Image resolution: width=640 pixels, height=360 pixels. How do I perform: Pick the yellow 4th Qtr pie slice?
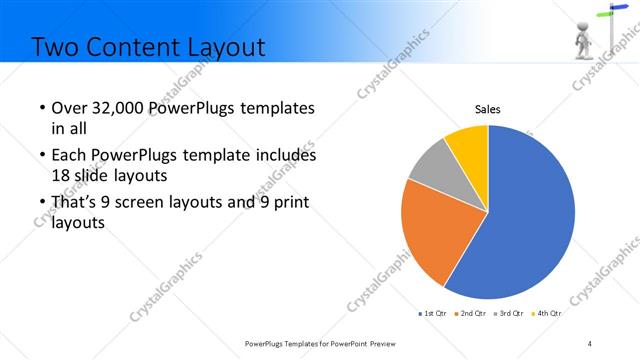(468, 145)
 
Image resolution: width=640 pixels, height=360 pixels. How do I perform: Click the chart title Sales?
(487, 109)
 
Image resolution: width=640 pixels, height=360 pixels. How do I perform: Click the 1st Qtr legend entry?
(432, 313)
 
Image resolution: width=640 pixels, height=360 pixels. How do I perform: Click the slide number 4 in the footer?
(590, 343)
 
